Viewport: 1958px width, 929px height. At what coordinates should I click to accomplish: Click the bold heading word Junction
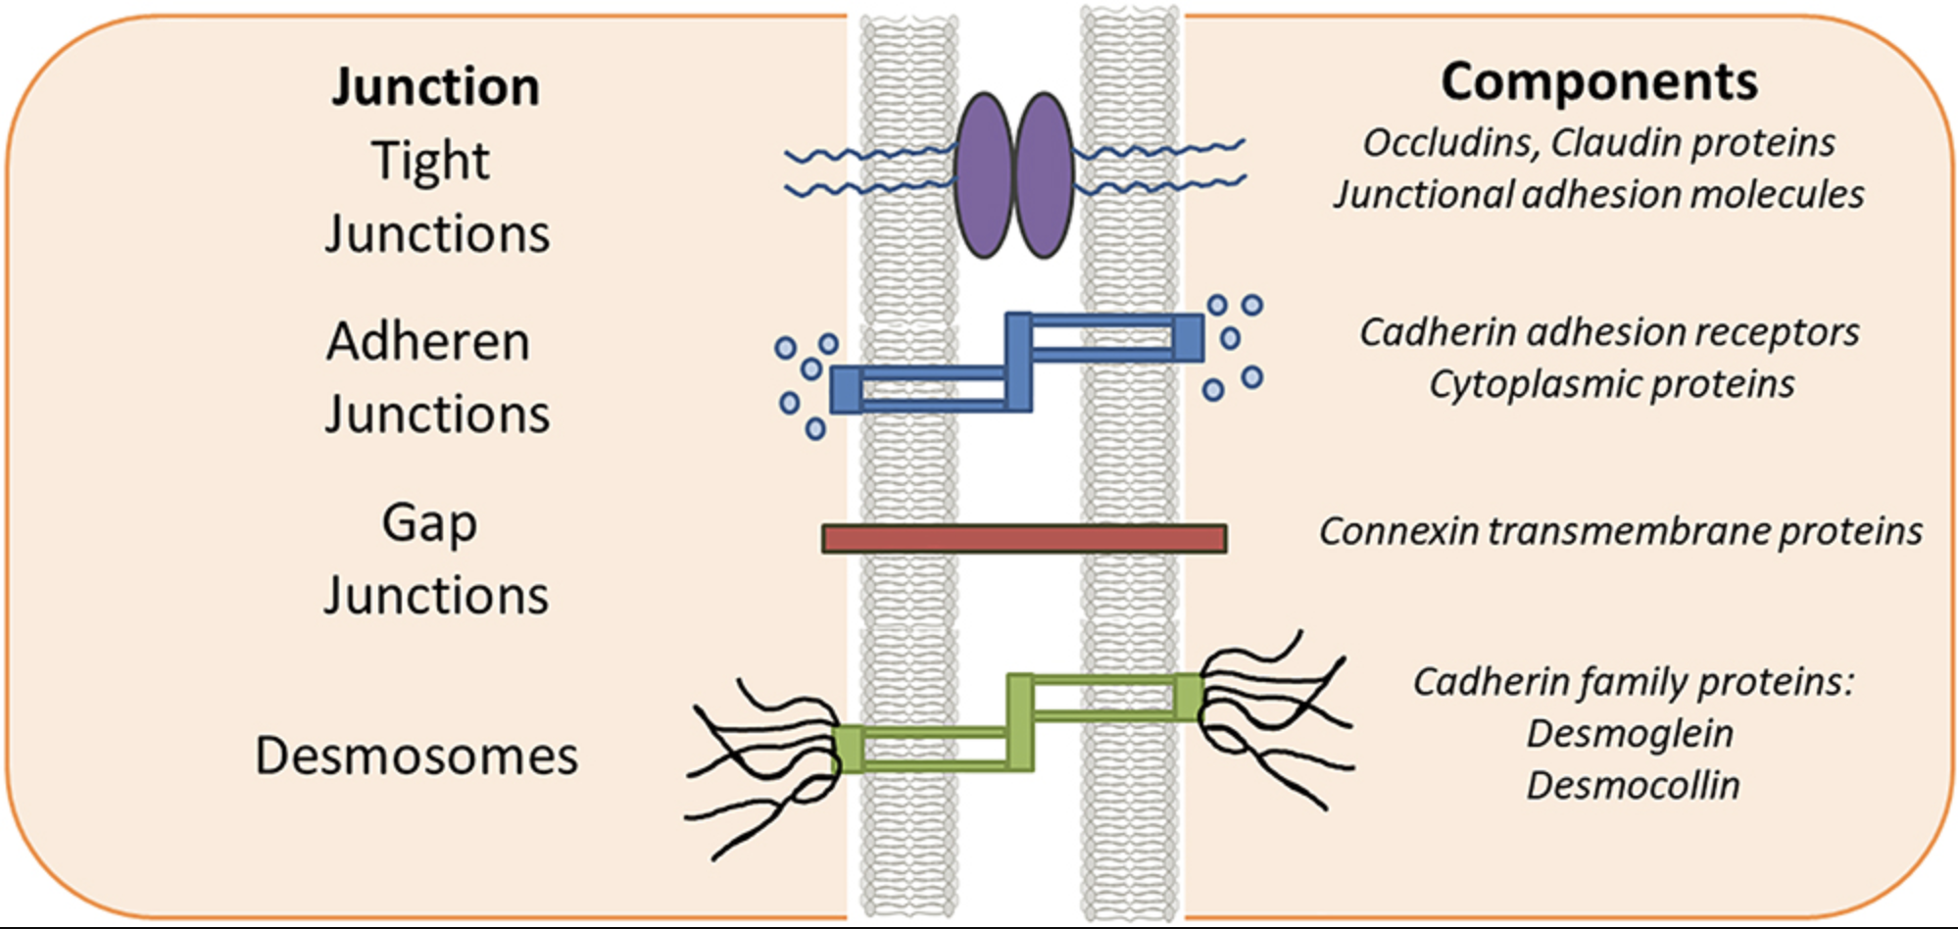point(436,86)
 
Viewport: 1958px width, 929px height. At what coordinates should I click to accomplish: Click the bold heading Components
point(1599,81)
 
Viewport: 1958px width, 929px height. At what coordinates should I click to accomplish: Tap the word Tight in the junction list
point(430,160)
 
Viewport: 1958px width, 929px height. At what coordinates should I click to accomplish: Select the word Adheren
point(428,342)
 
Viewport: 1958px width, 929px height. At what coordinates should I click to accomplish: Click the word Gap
point(429,522)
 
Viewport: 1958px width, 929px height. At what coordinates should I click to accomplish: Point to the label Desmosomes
point(416,756)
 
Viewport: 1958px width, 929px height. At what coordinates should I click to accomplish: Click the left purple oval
point(984,174)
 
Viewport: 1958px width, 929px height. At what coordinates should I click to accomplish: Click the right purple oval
point(1044,174)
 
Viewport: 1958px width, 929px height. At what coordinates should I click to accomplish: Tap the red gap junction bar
point(1024,539)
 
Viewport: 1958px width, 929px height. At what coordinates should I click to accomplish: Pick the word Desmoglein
point(1630,733)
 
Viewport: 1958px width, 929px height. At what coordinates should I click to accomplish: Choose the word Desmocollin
point(1633,785)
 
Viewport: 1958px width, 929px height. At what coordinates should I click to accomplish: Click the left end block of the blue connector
point(846,389)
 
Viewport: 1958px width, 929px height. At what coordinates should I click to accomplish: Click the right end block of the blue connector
point(1188,338)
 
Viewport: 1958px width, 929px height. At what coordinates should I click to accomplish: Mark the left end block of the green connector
point(849,749)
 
